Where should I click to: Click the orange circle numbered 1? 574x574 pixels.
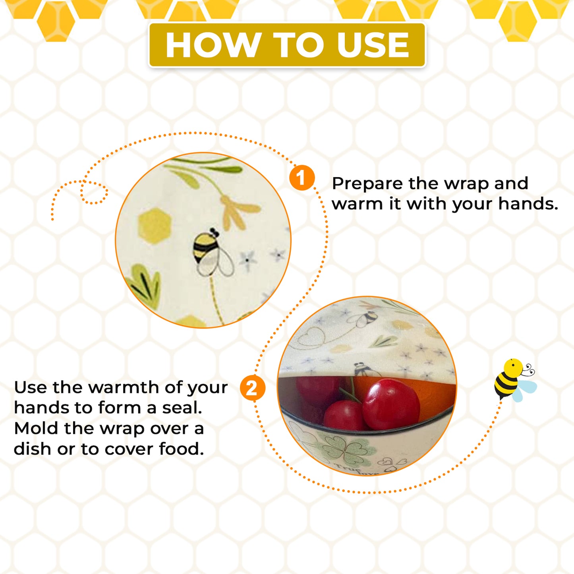tap(302, 178)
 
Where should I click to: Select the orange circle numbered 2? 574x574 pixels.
tap(253, 388)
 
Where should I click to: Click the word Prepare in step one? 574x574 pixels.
tap(368, 184)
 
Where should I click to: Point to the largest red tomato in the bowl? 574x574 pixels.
tap(391, 404)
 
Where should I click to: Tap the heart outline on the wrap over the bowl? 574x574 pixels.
tap(312, 337)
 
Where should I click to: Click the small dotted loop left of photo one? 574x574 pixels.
tap(94, 192)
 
